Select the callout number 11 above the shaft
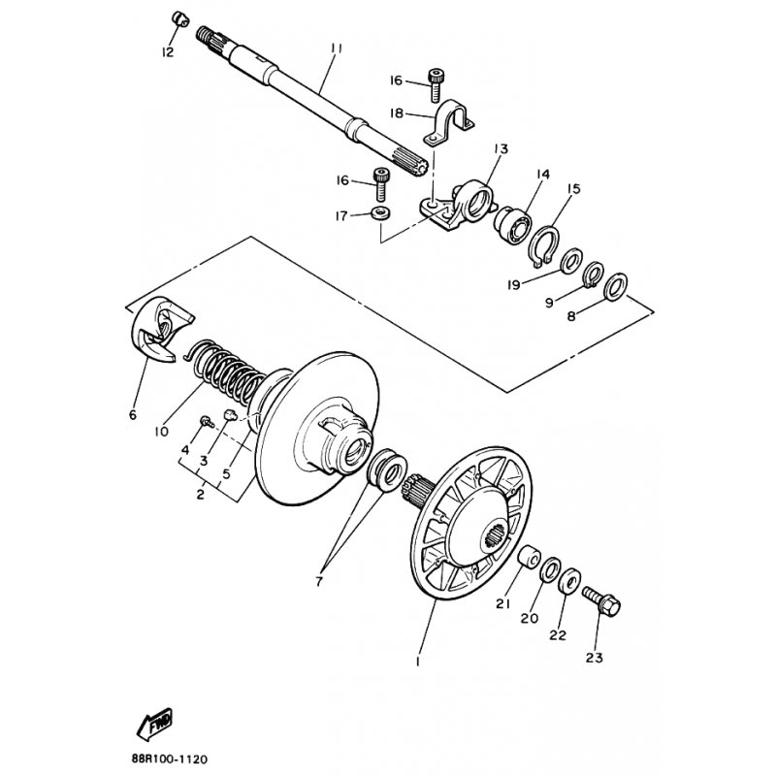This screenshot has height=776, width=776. [337, 48]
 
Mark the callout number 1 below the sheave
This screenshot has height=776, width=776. [418, 662]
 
